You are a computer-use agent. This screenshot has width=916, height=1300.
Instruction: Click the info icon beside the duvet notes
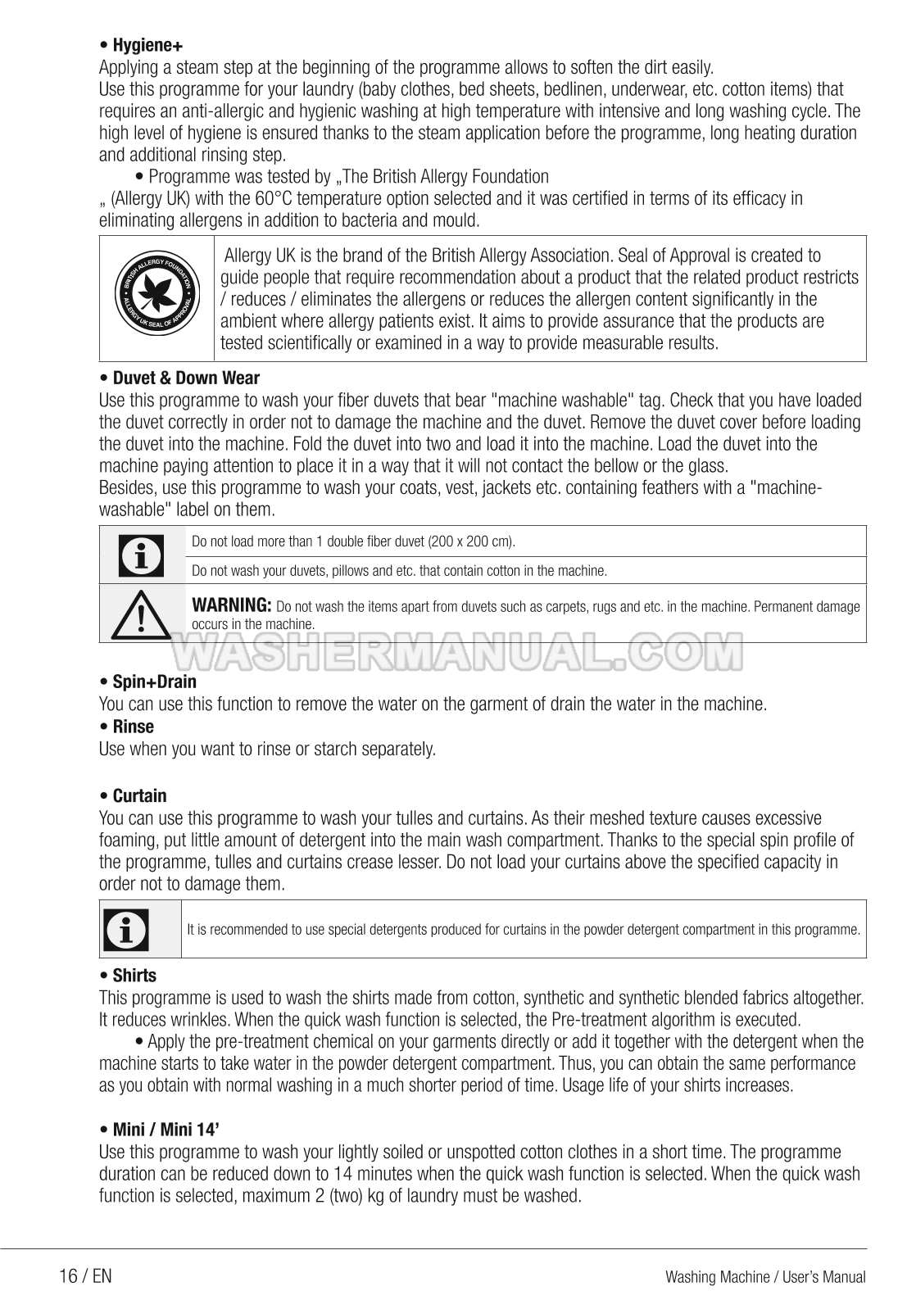tap(142, 555)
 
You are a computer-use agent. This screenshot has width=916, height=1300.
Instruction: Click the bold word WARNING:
tap(231, 605)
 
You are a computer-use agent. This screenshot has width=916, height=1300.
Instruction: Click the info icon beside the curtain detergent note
tap(128, 929)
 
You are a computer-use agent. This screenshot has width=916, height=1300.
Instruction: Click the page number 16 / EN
tap(85, 1276)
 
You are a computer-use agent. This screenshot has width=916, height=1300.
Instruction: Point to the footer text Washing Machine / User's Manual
tap(765, 1277)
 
